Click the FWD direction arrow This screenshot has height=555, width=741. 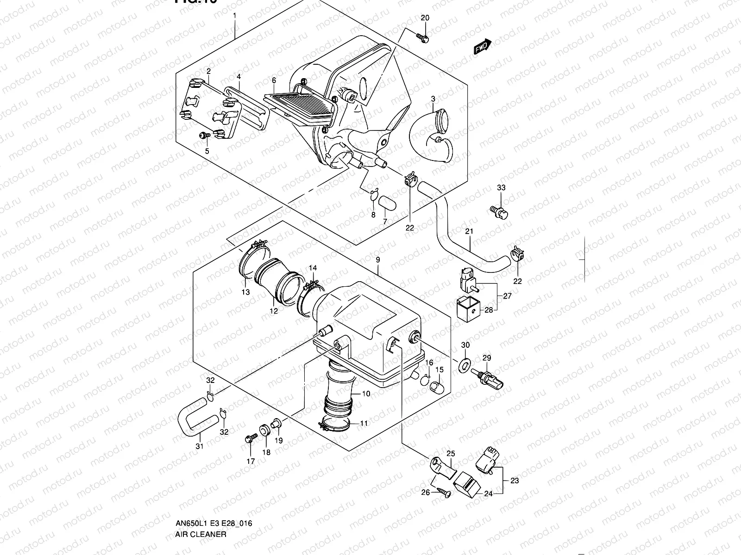click(x=482, y=47)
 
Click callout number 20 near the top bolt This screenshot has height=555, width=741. click(x=425, y=18)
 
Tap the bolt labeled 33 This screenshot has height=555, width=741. click(x=499, y=211)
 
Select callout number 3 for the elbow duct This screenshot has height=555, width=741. click(x=433, y=99)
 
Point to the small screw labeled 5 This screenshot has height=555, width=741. click(x=204, y=135)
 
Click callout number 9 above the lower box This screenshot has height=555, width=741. click(x=378, y=260)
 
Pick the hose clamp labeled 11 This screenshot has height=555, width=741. click(x=336, y=424)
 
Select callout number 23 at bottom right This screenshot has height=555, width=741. click(x=515, y=481)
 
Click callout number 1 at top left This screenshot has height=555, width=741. click(x=234, y=15)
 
